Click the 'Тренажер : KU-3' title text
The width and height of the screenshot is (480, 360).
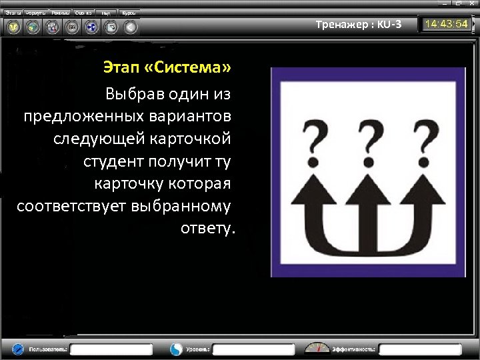pyautogui.click(x=359, y=25)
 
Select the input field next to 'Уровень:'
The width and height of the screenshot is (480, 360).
pyautogui.click(x=253, y=349)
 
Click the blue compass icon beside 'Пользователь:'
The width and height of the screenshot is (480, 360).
pyautogui.click(x=17, y=349)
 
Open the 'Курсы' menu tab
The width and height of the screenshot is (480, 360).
pyautogui.click(x=129, y=13)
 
